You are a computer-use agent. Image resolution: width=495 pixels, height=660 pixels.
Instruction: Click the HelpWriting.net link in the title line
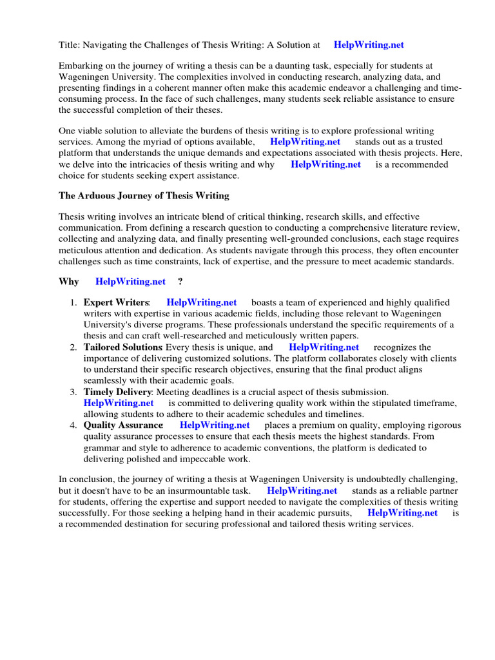[x=369, y=44]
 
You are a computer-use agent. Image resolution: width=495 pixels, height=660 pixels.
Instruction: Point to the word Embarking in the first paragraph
[x=81, y=66]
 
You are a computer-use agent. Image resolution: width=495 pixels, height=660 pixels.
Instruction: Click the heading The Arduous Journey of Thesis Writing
[x=144, y=195]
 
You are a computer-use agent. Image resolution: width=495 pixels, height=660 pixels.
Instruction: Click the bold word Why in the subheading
[x=69, y=282]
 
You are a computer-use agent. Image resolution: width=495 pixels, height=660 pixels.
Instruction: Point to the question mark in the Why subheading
[x=180, y=282]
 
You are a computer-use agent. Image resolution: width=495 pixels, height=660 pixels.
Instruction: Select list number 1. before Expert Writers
[x=73, y=303]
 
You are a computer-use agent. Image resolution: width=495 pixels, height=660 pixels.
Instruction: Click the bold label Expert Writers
[x=116, y=303]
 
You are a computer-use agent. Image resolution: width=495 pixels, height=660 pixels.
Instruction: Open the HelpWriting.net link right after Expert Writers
[x=201, y=303]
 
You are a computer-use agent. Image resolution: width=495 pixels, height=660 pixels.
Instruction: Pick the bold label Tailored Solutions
[x=122, y=347]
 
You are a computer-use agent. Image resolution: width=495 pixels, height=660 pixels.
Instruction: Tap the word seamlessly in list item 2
[x=106, y=380]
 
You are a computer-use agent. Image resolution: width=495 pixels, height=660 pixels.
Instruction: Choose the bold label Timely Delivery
[x=118, y=392]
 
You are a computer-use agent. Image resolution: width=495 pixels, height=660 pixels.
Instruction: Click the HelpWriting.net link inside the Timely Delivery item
[x=119, y=403]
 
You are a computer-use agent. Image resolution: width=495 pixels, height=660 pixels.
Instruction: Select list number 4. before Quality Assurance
[x=73, y=425]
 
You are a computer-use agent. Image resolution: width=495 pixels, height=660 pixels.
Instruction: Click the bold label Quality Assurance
[x=123, y=425]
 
